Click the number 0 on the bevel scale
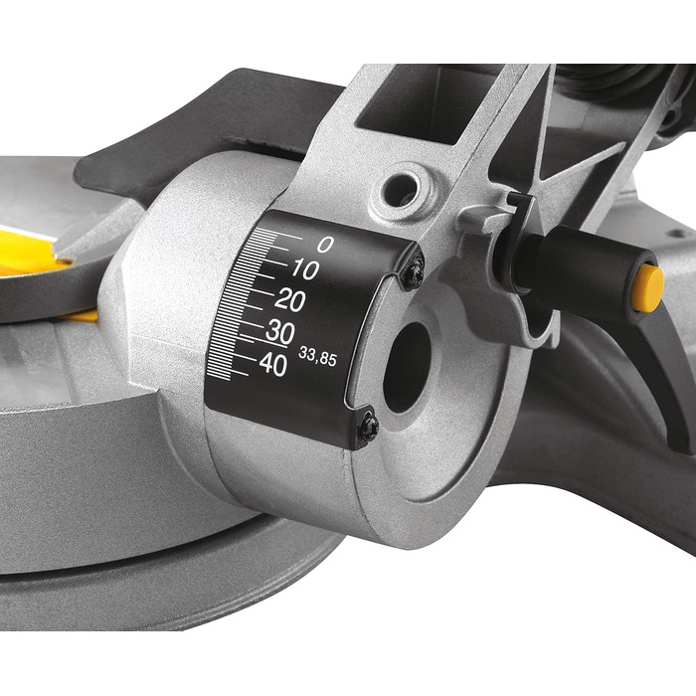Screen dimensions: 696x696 click(x=325, y=245)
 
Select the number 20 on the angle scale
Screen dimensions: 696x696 click(x=290, y=300)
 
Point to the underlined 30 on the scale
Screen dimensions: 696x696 click(x=279, y=333)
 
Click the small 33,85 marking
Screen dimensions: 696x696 click(x=317, y=359)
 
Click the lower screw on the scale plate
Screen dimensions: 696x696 click(x=369, y=428)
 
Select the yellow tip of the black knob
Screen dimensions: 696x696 click(x=647, y=288)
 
